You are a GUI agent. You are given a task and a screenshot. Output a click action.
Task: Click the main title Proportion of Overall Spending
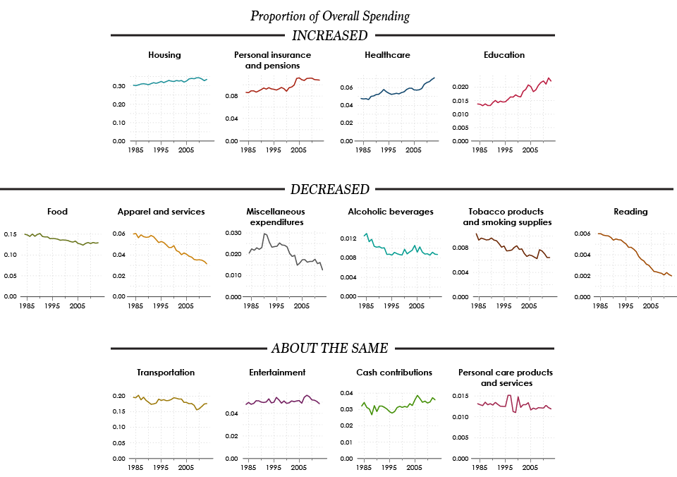coord(330,16)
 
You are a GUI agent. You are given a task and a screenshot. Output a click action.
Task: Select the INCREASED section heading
coord(330,35)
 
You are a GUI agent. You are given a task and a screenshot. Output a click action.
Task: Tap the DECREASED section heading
coord(330,189)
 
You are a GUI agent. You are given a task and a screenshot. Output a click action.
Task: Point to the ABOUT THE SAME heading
coord(330,349)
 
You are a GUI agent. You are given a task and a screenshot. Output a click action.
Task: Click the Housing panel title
coord(164,55)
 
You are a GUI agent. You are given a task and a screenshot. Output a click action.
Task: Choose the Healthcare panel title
coord(387,55)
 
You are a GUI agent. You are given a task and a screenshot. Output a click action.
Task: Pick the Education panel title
coord(504,55)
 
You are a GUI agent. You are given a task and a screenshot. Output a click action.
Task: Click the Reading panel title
coord(630,212)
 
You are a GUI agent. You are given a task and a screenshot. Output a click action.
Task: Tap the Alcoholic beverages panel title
coord(391,212)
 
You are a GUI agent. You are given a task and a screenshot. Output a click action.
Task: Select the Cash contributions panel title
coord(394,373)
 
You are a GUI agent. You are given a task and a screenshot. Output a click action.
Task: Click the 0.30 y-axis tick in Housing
coord(118,86)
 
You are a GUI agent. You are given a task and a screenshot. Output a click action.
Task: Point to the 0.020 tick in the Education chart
coord(461,87)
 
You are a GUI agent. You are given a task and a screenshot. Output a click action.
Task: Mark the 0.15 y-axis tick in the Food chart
coord(11,234)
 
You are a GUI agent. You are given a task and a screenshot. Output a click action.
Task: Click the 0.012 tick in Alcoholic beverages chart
coord(348,238)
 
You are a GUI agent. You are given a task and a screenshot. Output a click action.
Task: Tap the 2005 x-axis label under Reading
coord(651,306)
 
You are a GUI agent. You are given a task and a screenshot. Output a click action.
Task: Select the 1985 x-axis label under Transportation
coord(135,468)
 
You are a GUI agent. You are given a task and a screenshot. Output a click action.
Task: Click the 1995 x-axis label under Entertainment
coord(274,468)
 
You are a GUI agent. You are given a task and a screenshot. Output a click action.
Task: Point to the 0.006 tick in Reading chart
coord(583,234)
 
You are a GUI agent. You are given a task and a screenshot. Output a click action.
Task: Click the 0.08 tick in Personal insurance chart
coord(231,96)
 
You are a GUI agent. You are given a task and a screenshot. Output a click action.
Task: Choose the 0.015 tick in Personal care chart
coord(461,396)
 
